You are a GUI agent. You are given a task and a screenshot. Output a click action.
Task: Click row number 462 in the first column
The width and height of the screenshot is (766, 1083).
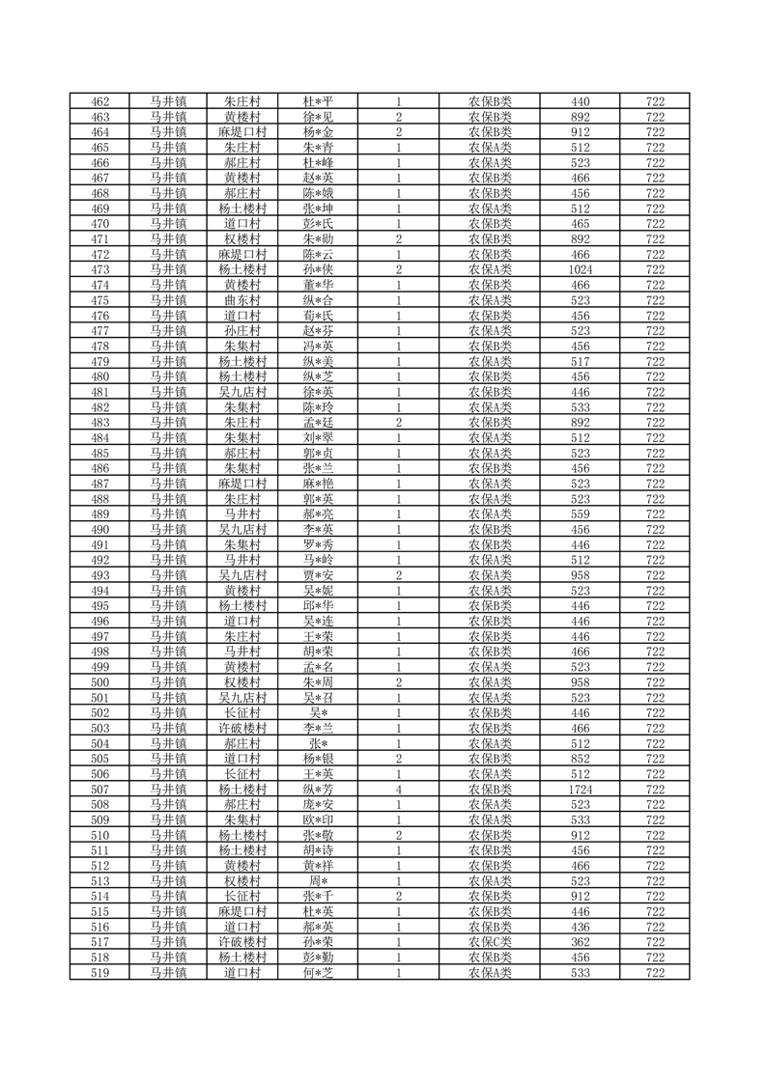[x=99, y=101]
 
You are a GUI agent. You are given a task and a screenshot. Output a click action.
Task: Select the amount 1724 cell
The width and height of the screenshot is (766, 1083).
[x=581, y=789]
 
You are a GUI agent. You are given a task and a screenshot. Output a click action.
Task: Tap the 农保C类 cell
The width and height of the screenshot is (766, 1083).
[x=490, y=942]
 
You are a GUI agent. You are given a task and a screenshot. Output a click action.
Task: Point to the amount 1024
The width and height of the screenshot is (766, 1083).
[x=581, y=269]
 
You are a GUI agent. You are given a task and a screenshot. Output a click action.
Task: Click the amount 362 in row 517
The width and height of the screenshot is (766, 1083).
[x=581, y=942]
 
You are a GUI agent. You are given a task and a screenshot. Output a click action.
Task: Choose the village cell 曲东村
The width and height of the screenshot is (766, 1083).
[x=241, y=300]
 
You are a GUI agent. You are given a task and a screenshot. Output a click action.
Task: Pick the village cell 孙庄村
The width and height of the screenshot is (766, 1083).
[x=241, y=330]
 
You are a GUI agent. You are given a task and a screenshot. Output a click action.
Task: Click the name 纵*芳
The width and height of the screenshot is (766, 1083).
[x=318, y=789]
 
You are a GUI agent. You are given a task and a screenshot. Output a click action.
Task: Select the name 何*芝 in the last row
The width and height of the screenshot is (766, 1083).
[x=318, y=972]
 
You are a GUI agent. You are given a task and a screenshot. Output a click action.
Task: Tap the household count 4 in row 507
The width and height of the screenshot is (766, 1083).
[x=398, y=789]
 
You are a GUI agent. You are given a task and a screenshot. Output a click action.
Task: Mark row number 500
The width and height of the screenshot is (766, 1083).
[x=99, y=682]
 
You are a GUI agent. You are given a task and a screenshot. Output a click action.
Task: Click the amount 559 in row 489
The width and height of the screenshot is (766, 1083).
[x=581, y=514]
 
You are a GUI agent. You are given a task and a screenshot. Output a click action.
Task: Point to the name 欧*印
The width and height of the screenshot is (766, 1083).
[x=318, y=819]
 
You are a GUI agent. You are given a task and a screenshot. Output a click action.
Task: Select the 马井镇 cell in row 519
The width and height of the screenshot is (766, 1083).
[x=168, y=972]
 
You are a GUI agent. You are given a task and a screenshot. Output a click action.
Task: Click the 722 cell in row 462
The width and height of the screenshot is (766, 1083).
[x=655, y=101]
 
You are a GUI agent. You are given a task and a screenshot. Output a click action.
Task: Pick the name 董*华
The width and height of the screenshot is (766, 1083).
[x=318, y=285]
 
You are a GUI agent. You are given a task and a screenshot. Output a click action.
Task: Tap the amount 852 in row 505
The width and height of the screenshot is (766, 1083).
[x=581, y=759]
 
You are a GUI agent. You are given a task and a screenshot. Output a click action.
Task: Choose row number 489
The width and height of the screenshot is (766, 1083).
[x=99, y=514]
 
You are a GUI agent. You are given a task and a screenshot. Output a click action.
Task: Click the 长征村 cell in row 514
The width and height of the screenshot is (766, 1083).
[x=241, y=896]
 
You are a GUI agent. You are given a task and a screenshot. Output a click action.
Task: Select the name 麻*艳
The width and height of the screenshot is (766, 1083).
[x=318, y=484]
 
